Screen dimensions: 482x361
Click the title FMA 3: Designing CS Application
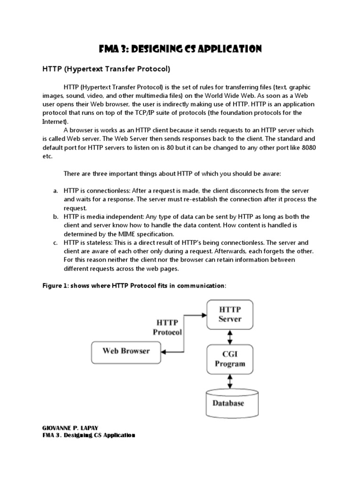[180, 49]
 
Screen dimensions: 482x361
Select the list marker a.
[55, 191]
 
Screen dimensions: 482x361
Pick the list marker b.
[55, 217]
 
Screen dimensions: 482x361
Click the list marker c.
[55, 242]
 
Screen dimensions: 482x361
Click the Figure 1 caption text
[134, 286]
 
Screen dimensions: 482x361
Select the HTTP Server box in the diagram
[230, 314]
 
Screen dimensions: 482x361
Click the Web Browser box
[126, 351]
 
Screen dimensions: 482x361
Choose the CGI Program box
[230, 359]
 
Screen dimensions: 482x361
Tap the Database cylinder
[229, 402]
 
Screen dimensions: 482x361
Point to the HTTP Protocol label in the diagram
[167, 327]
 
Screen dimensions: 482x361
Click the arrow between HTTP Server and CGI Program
[230, 337]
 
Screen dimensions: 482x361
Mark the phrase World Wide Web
[221, 96]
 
